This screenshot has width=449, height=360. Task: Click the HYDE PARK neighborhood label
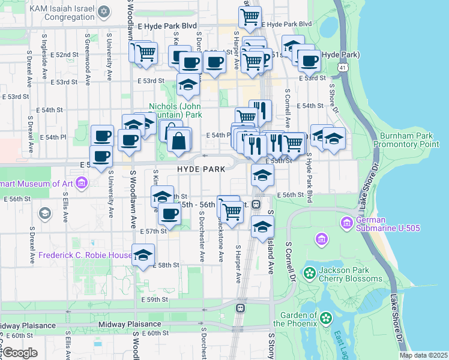pos(200,170)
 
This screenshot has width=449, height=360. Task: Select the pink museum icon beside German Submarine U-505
pos(346,224)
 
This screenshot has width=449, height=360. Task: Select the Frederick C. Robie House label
pos(85,255)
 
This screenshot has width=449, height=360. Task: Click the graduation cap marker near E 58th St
pos(143,255)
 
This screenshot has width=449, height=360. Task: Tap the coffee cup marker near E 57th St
pos(169,214)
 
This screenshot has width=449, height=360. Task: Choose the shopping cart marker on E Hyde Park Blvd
pos(250,16)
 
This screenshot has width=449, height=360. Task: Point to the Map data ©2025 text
pos(424,355)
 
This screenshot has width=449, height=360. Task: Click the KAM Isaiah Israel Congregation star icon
pos(104,12)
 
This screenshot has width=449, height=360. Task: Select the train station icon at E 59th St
pos(240,308)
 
